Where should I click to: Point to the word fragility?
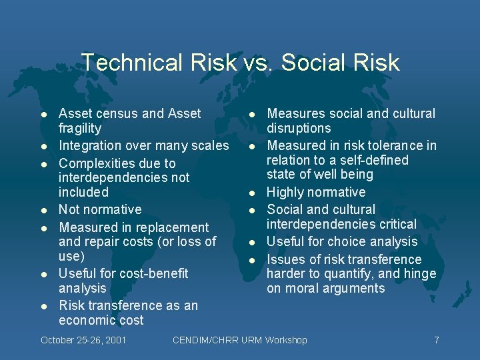[x=80, y=128]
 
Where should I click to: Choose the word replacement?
[x=172, y=227]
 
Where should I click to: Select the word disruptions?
[x=299, y=128]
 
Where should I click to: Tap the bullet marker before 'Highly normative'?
[x=253, y=193]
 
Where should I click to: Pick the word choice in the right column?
[x=356, y=241]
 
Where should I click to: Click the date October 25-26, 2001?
[x=84, y=340]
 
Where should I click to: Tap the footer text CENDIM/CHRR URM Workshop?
[x=240, y=340]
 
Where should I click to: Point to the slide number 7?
[x=437, y=340]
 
